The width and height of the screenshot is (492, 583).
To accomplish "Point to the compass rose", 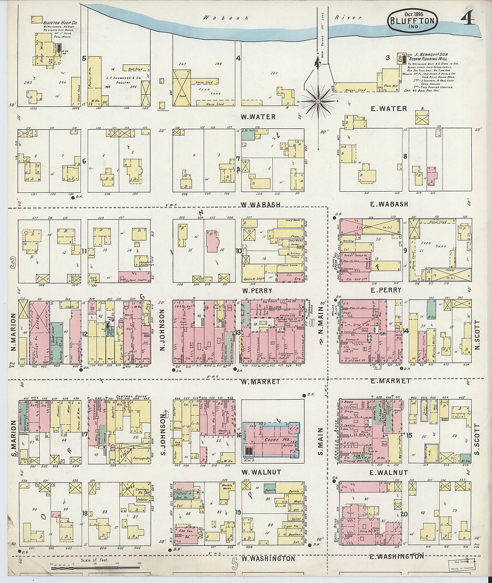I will pos(318,101).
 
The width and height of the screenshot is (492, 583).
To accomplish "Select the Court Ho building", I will pos(271,439).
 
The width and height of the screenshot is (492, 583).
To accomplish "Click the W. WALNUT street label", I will pos(261,472).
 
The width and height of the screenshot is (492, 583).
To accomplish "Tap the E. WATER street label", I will pos(389,109).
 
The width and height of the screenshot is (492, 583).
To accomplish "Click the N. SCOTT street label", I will pos(477,335).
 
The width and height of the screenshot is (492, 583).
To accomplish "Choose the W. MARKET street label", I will pos(260,382).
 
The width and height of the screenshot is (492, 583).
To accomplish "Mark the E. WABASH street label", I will pos(389,204).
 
